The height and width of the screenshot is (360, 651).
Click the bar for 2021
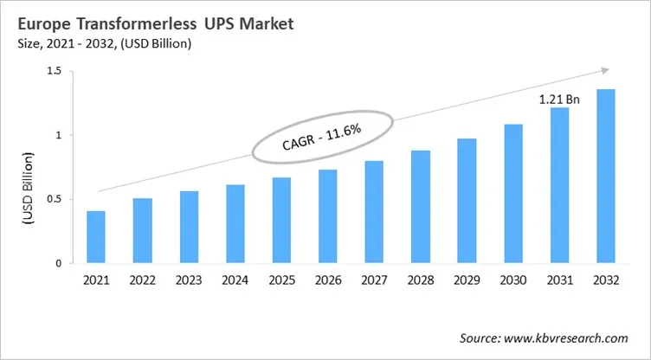pos(96,236)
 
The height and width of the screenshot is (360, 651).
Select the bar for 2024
pos(235,223)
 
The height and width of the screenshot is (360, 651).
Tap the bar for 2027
pos(375,211)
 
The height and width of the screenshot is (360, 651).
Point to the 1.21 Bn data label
pos(559,99)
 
